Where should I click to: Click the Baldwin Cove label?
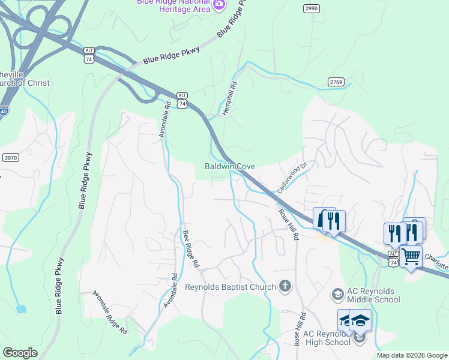pyautogui.click(x=230, y=166)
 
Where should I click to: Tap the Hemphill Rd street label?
pyautogui.click(x=230, y=100)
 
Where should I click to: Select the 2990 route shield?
pyautogui.click(x=311, y=8)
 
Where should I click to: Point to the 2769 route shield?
pyautogui.click(x=336, y=82)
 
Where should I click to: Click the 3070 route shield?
pyautogui.click(x=10, y=157)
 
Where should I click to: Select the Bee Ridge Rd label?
pyautogui.click(x=190, y=248)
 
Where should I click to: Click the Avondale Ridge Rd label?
pyautogui.click(x=110, y=312)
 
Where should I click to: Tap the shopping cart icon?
pyautogui.click(x=411, y=256)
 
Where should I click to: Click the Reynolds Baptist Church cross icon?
pyautogui.click(x=285, y=287)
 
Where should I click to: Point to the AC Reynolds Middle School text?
pyautogui.click(x=373, y=295)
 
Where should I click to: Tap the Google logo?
pyautogui.click(x=20, y=353)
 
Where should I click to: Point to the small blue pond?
pyautogui.click(x=22, y=309)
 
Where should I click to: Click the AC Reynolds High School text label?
pyautogui.click(x=327, y=338)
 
